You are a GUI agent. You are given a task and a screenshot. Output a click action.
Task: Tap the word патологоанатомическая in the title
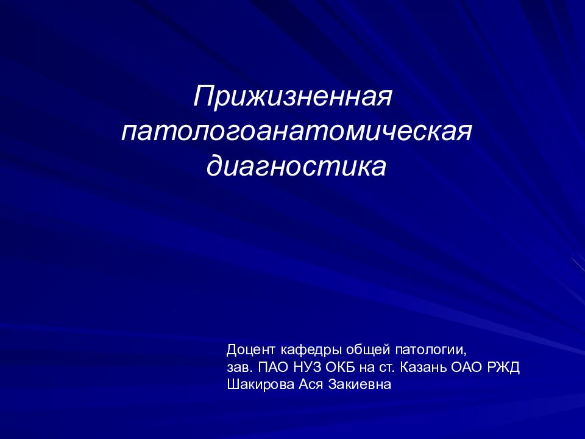297,132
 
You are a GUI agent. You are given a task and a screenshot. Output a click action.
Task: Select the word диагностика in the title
297,166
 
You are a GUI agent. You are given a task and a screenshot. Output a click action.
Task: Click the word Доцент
251,351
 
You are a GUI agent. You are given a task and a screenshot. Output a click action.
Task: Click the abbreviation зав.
238,368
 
